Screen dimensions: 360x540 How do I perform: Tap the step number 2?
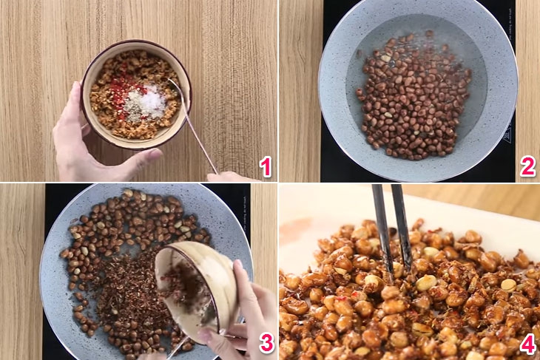pyautogui.click(x=527, y=167)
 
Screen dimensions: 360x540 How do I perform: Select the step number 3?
pyautogui.click(x=265, y=344)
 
